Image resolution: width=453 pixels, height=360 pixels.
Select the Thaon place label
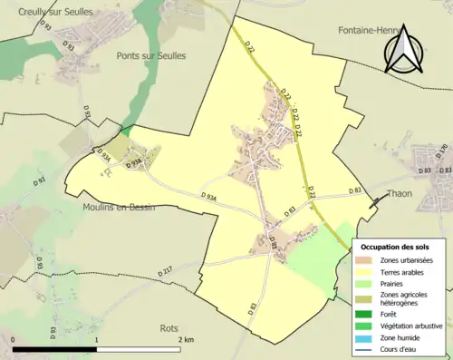point(400,193)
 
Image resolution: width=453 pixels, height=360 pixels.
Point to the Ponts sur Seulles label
point(151,55)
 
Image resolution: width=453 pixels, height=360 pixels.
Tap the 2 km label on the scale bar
point(186,339)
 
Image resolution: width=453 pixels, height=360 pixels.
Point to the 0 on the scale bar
point(13,339)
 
